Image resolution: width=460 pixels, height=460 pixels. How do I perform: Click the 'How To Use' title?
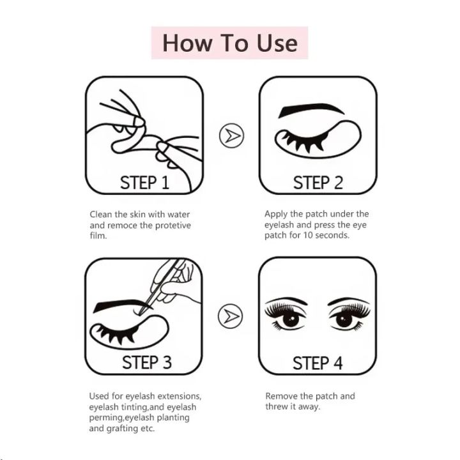229,43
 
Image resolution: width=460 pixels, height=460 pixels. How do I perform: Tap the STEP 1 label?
144,183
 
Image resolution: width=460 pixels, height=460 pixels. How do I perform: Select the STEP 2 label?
318,183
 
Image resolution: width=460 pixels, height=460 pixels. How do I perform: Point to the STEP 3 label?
146,363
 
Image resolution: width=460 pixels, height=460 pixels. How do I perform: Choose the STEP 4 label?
318,363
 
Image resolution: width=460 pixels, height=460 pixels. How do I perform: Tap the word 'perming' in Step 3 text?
107,417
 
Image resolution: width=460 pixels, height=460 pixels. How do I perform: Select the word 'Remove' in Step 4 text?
281,396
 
